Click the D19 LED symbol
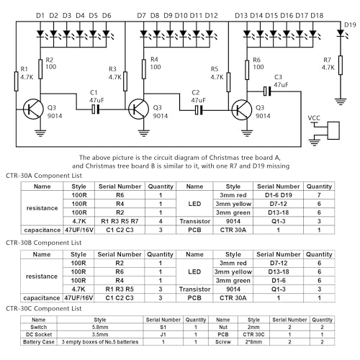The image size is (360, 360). [x=341, y=33]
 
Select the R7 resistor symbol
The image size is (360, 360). [x=341, y=65]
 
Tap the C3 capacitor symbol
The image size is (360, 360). [x=267, y=91]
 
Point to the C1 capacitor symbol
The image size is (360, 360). [x=95, y=109]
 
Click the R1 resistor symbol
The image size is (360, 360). [x=16, y=81]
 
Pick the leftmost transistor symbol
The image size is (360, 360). [x=33, y=109]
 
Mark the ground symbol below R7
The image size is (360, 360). [x=341, y=102]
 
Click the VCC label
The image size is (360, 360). [x=314, y=118]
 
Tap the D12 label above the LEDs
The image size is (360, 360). [x=211, y=16]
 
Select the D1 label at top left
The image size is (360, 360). [x=40, y=16]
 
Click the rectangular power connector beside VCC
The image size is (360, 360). [x=333, y=130]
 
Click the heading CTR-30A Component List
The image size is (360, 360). [x=44, y=176]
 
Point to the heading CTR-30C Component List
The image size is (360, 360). [x=44, y=309]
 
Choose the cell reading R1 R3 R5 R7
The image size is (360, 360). [x=120, y=221]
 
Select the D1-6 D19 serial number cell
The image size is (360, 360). [x=279, y=195]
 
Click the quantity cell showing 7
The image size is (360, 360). [x=319, y=195]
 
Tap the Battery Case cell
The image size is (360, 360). [x=39, y=342]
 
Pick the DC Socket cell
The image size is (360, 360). [x=39, y=334]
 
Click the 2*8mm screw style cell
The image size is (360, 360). [x=253, y=342]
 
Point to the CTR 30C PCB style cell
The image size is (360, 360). [x=253, y=334]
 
